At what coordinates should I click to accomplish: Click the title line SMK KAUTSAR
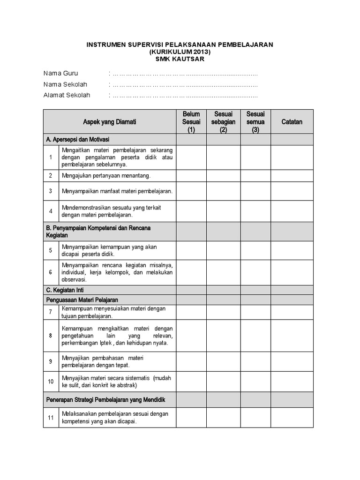(x=180, y=59)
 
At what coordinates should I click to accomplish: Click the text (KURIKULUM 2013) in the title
(x=180, y=52)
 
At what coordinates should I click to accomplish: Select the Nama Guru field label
(x=61, y=74)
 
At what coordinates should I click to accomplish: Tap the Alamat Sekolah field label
(x=67, y=95)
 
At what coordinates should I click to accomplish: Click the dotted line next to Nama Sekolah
(x=185, y=84)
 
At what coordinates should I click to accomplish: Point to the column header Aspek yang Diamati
(x=110, y=122)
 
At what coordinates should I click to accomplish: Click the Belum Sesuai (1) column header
(x=191, y=122)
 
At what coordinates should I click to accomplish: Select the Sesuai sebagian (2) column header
(x=223, y=122)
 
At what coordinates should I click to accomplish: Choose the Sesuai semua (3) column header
(x=255, y=122)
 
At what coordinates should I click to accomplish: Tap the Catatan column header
(x=292, y=122)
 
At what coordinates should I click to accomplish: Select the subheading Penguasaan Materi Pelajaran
(x=82, y=300)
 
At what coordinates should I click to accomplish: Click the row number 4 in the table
(x=51, y=211)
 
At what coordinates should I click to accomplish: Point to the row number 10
(x=51, y=382)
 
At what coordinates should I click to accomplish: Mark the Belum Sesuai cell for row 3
(x=191, y=191)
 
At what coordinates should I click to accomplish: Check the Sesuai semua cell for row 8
(x=255, y=336)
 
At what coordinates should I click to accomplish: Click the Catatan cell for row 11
(x=292, y=417)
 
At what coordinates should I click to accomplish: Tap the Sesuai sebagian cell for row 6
(x=223, y=272)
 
